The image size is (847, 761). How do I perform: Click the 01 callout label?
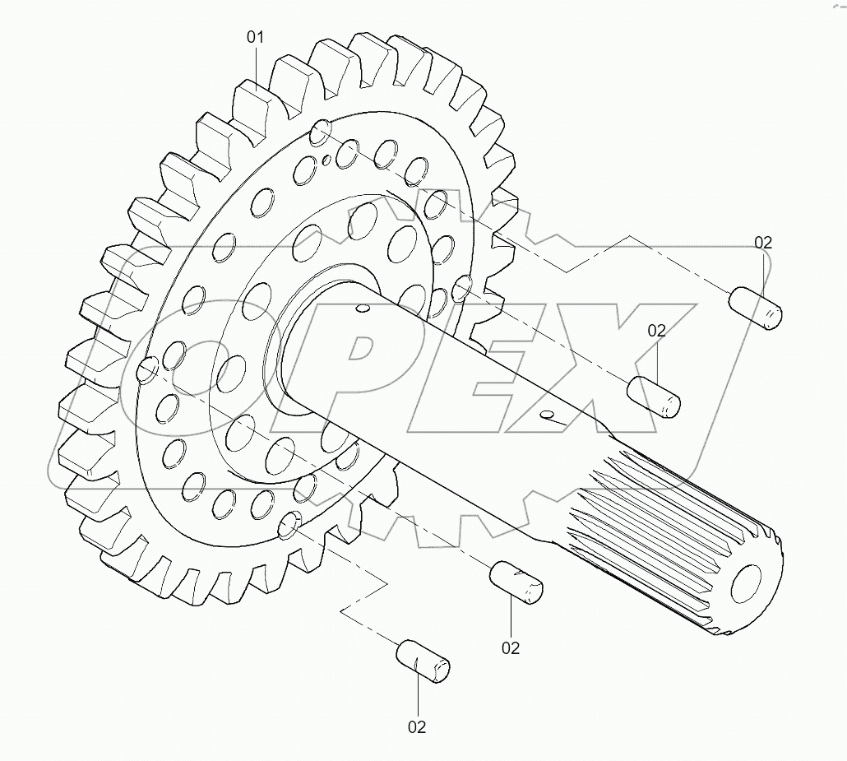[256, 37]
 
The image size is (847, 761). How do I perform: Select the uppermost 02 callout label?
[763, 243]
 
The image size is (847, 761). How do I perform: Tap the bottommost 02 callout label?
[417, 726]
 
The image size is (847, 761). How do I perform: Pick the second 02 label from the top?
[656, 331]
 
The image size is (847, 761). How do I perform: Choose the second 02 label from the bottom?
[511, 647]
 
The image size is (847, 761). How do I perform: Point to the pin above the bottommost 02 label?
[423, 660]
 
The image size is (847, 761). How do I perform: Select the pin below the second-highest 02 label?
[655, 397]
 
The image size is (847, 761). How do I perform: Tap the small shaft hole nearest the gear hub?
[359, 309]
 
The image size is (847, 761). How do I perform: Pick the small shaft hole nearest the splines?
[544, 413]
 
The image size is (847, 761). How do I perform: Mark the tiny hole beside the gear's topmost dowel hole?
[327, 160]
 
